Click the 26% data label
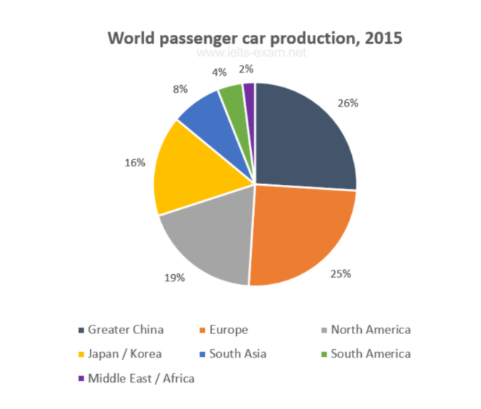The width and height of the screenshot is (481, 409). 349,103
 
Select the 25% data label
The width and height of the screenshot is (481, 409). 341,273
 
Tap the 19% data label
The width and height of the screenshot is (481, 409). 176,278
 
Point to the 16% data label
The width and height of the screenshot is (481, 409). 134,163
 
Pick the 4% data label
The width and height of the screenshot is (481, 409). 221,71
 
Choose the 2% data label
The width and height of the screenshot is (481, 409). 246,69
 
